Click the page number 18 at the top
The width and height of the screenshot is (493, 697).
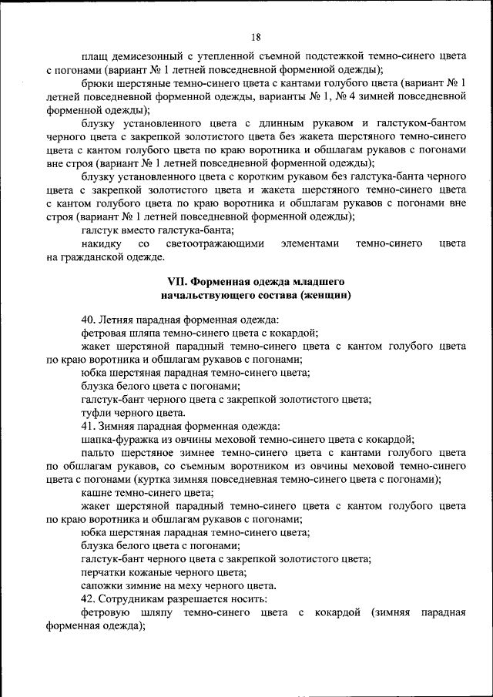[x=257, y=36]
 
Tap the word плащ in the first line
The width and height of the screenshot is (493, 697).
[x=94, y=55]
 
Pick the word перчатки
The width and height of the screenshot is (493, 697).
[x=103, y=572]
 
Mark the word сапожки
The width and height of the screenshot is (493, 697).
[x=102, y=585]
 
